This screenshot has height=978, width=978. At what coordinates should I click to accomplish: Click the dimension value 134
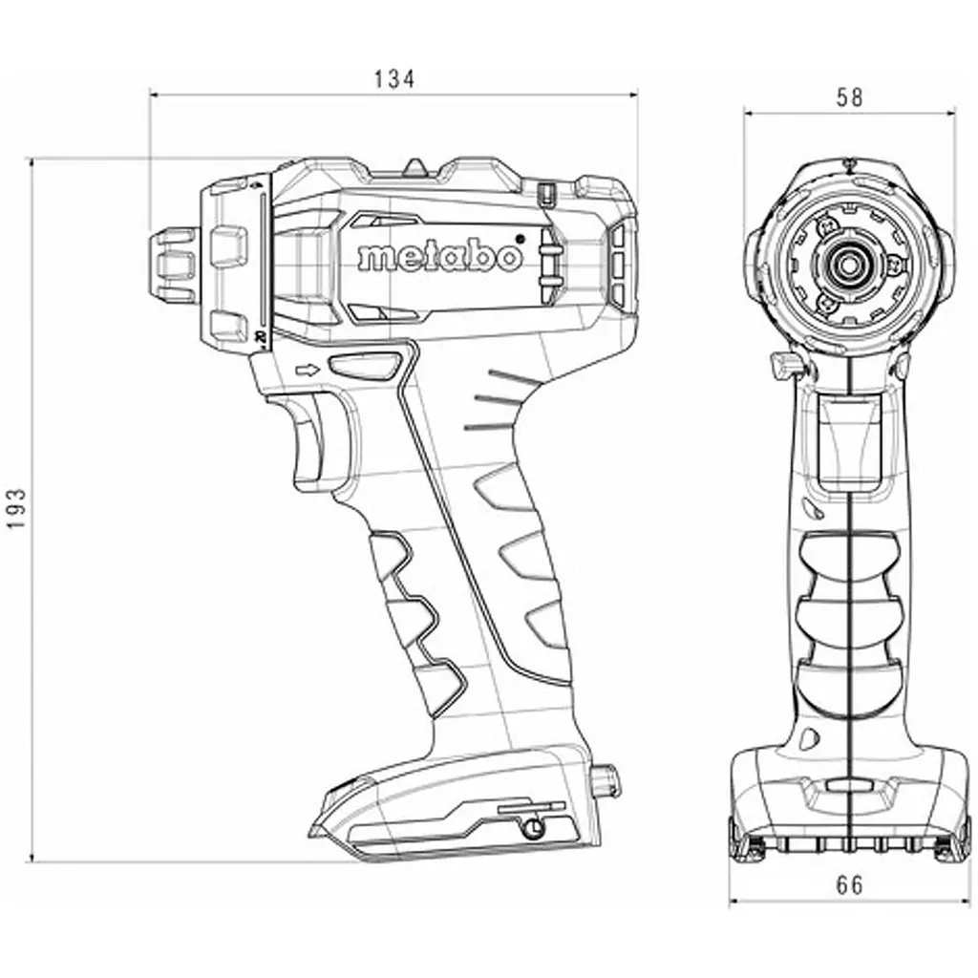393,79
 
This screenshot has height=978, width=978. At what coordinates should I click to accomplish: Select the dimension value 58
849,98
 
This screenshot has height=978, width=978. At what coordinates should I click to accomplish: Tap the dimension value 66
849,885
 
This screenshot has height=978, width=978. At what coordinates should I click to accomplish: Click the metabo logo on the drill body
439,255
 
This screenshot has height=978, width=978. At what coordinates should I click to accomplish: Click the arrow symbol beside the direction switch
308,371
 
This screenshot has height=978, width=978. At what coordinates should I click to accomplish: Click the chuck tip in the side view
174,260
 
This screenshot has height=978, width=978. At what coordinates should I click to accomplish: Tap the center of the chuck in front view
847,265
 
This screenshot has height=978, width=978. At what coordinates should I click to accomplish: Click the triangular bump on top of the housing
415,166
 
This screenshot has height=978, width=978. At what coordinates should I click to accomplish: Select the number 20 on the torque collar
261,337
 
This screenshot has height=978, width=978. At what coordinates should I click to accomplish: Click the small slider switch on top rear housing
545,193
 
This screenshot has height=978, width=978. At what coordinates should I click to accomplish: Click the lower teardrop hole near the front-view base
810,738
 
